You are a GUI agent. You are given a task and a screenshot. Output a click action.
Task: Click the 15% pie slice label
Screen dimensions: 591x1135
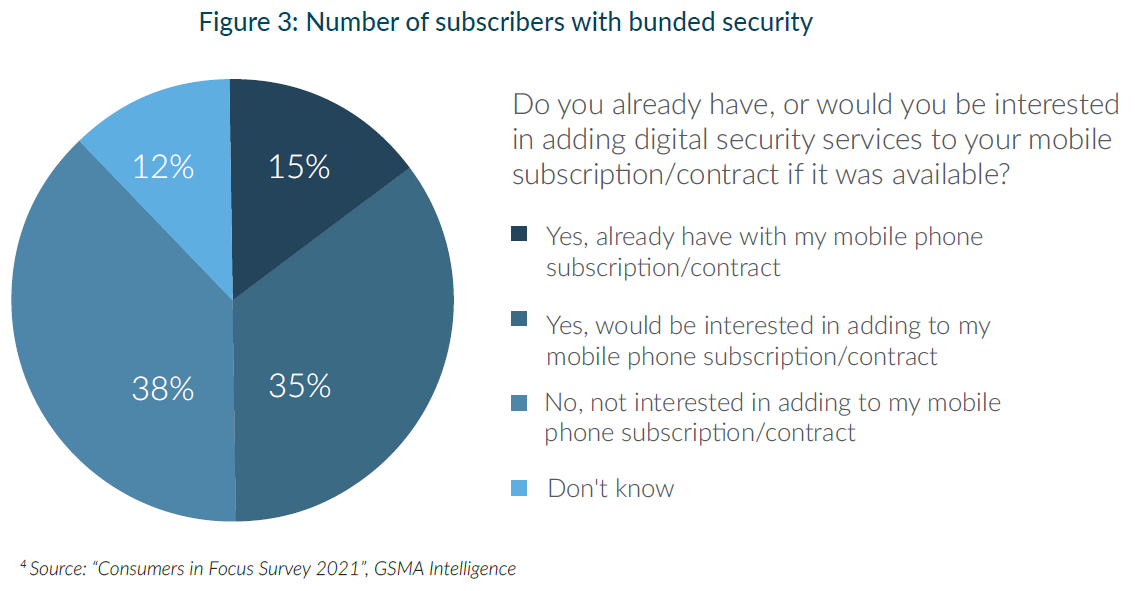(299, 167)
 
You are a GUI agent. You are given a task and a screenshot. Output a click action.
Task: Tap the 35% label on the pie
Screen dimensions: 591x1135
(300, 385)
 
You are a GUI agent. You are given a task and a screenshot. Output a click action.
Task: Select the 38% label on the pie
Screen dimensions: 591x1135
(163, 388)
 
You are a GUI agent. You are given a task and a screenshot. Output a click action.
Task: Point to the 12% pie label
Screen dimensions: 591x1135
(163, 167)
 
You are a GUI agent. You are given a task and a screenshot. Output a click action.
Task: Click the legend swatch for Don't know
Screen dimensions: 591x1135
(519, 489)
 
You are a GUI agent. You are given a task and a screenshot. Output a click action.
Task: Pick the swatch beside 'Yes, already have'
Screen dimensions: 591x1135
(519, 235)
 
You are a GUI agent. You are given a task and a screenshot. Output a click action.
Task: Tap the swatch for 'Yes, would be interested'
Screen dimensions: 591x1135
(519, 320)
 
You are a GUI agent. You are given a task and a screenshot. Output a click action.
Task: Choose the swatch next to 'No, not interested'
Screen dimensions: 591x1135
(519, 404)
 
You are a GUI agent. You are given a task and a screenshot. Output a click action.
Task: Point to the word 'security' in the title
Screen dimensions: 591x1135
(764, 23)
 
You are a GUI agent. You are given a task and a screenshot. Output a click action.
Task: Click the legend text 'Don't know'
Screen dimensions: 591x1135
(611, 489)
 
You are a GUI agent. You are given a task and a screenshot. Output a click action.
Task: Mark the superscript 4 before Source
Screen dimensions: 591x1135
(23, 566)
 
